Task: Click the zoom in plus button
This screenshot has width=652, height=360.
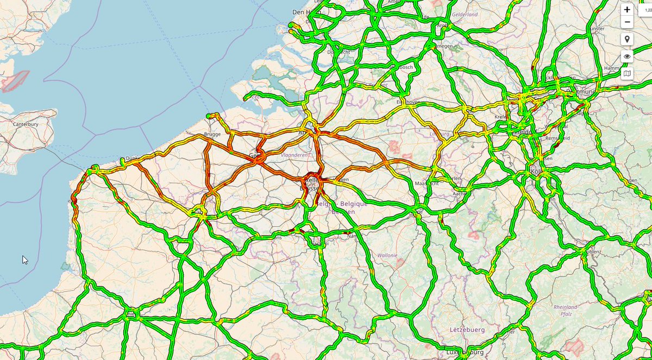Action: point(627,10)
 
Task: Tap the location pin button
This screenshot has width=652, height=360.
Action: point(627,39)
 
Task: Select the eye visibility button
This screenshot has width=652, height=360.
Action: point(627,56)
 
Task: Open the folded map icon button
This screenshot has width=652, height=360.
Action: point(627,73)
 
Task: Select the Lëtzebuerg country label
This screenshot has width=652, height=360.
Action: point(467,330)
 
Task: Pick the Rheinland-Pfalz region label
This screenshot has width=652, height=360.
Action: point(565,311)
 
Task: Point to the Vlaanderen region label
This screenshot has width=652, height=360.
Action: point(294,155)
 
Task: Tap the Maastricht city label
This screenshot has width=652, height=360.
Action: point(427,184)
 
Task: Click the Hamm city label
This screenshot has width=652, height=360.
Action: point(611,69)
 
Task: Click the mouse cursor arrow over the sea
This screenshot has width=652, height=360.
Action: point(24,260)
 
